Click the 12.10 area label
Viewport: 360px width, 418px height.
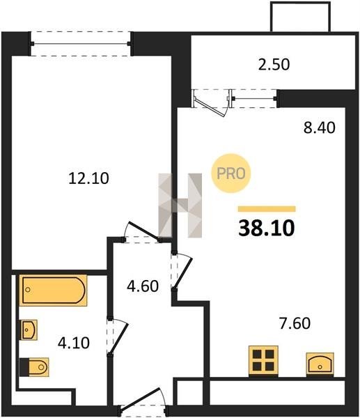(x=88, y=178)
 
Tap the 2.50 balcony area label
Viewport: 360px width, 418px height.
(x=274, y=65)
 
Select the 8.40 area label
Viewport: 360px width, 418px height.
(x=319, y=127)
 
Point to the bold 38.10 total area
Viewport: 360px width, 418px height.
(x=267, y=229)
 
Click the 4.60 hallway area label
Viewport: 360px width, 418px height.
(x=143, y=286)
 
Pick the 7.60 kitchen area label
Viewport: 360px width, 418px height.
(x=295, y=323)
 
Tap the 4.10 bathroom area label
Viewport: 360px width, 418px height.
(x=74, y=343)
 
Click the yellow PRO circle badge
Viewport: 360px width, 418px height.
(x=230, y=173)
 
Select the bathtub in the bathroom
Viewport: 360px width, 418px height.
(x=54, y=291)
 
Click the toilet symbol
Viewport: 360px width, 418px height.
(x=34, y=367)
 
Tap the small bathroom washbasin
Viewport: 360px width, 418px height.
(x=29, y=330)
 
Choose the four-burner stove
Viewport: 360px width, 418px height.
(x=263, y=361)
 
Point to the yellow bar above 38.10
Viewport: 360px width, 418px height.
(x=267, y=209)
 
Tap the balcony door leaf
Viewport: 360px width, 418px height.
(x=210, y=106)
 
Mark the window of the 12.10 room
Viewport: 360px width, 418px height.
(x=80, y=44)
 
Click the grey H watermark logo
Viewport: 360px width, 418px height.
(x=180, y=206)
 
